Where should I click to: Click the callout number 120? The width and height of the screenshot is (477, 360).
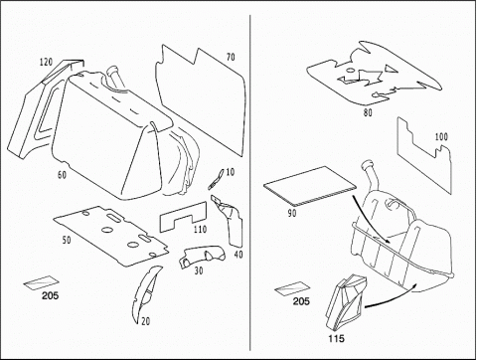(46, 62)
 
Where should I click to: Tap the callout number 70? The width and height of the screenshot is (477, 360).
(231, 57)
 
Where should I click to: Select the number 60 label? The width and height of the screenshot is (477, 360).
(62, 175)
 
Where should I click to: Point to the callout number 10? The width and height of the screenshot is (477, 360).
(230, 172)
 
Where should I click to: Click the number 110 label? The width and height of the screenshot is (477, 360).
(200, 229)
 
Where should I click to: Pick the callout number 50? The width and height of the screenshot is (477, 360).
(67, 240)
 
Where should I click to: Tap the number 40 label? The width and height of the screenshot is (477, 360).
(238, 255)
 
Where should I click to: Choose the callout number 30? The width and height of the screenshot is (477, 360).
(199, 270)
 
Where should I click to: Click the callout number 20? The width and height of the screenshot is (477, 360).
(145, 321)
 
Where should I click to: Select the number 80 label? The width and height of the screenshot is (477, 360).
(368, 112)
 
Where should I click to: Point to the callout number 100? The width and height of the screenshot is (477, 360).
(441, 136)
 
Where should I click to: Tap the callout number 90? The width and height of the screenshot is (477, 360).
(292, 213)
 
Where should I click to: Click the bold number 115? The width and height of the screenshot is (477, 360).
(336, 338)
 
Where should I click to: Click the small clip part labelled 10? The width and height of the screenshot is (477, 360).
(215, 179)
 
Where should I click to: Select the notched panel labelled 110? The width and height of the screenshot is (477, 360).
(183, 217)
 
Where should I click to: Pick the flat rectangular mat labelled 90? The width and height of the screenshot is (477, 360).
(310, 186)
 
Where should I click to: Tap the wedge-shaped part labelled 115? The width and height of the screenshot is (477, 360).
(346, 301)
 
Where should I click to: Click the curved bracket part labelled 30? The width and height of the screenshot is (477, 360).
(203, 257)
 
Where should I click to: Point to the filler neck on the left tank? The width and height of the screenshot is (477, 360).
(114, 77)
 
